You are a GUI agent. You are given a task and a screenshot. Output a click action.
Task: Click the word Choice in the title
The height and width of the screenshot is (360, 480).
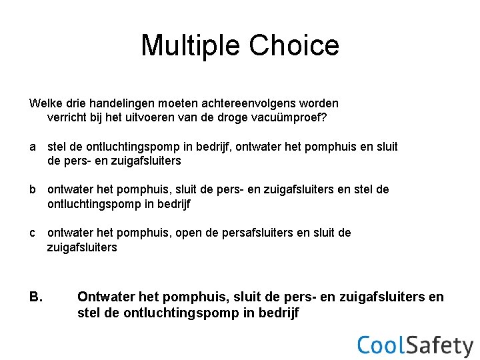tap(294, 45)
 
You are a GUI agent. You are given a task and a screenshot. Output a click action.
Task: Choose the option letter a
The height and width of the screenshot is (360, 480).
tap(32, 147)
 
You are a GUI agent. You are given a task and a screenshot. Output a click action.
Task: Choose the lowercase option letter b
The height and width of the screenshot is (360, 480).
tap(32, 189)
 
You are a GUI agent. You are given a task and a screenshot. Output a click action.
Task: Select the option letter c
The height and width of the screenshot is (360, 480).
tap(32, 233)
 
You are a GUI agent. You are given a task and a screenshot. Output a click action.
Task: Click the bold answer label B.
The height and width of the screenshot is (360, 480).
tap(36, 297)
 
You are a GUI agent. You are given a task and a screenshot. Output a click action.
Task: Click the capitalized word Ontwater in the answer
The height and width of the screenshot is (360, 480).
tap(106, 297)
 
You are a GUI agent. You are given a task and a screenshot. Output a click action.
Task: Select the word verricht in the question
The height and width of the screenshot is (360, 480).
tap(66, 118)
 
